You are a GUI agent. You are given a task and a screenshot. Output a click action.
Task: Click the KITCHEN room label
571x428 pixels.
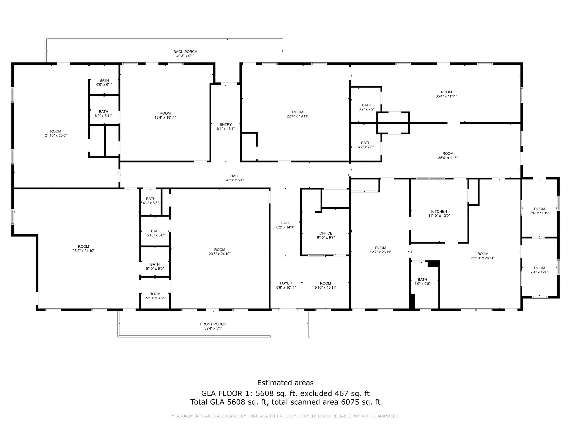click(x=439, y=211)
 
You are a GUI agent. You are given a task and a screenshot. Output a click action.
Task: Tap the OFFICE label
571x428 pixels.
click(x=326, y=234)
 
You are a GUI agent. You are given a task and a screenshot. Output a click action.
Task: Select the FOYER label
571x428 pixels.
click(x=286, y=283)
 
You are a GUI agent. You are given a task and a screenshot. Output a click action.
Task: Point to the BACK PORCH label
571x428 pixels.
click(x=185, y=52)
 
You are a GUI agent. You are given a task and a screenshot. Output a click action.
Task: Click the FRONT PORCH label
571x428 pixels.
click(x=213, y=324)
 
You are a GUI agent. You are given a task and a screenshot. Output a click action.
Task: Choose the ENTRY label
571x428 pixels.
click(x=226, y=125)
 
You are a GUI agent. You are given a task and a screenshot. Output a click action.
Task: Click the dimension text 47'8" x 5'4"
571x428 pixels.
click(x=234, y=180)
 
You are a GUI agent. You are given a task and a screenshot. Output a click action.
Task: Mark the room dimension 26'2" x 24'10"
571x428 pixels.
click(x=83, y=251)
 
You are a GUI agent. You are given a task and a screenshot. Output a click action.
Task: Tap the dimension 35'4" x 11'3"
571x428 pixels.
click(x=448, y=158)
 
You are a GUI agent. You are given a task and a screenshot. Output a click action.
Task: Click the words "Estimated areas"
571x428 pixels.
click(x=285, y=383)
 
